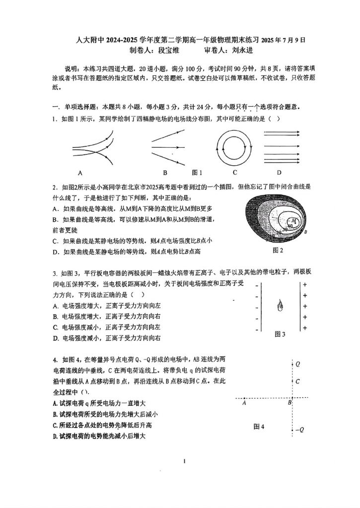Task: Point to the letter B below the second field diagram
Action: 165,173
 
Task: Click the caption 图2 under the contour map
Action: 278,250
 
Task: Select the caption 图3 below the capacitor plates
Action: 280,334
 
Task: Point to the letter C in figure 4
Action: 297,381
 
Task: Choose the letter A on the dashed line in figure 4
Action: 245,403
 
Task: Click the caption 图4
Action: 259,426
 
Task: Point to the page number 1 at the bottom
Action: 184,462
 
